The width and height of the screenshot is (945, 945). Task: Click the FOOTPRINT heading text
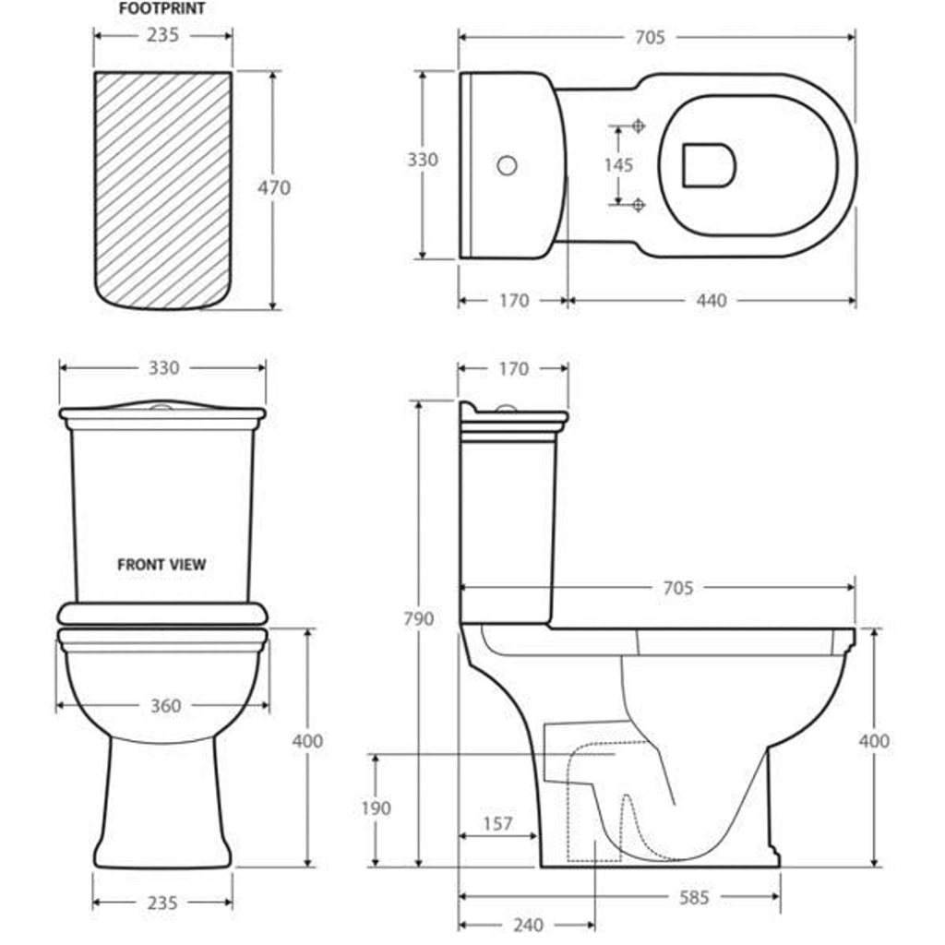pyautogui.click(x=162, y=8)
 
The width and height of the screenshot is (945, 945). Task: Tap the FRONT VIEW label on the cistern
pyautogui.click(x=161, y=565)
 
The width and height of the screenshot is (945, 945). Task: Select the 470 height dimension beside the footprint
pyautogui.click(x=274, y=188)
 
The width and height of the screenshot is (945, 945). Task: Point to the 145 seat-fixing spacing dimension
pyautogui.click(x=619, y=165)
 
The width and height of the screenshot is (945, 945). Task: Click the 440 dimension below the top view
pyautogui.click(x=712, y=300)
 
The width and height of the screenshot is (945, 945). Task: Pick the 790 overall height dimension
pyautogui.click(x=419, y=619)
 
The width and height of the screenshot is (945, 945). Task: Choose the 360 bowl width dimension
pyautogui.click(x=166, y=706)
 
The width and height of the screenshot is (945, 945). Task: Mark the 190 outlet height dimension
pyautogui.click(x=377, y=808)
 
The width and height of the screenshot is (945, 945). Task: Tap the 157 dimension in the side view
pyautogui.click(x=497, y=823)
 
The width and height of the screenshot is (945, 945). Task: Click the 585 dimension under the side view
pyautogui.click(x=694, y=897)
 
